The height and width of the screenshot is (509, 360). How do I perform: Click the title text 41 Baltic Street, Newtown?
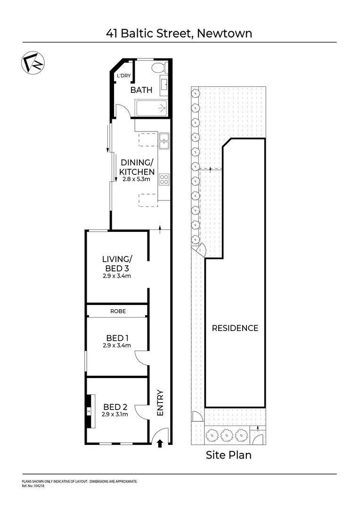click(x=180, y=33)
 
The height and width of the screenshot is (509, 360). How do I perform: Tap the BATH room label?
click(x=141, y=90)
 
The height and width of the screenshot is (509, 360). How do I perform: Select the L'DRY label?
click(x=123, y=76)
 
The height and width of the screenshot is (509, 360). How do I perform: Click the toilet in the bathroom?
click(x=159, y=67)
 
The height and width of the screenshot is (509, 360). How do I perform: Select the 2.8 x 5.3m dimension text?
click(x=137, y=179)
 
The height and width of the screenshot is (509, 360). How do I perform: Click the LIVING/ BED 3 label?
click(x=116, y=263)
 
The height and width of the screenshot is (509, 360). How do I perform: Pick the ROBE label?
click(x=117, y=312)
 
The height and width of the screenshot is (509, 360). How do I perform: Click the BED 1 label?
click(x=117, y=338)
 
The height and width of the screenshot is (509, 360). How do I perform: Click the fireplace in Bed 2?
click(x=89, y=411)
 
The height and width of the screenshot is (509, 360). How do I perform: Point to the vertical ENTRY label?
click(x=160, y=402)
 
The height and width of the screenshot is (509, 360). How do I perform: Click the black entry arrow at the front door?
click(x=160, y=443)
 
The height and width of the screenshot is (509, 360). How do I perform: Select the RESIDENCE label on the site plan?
click(x=235, y=328)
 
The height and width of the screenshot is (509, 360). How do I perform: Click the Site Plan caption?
click(x=229, y=455)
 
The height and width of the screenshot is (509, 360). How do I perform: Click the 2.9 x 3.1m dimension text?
click(x=115, y=415)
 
